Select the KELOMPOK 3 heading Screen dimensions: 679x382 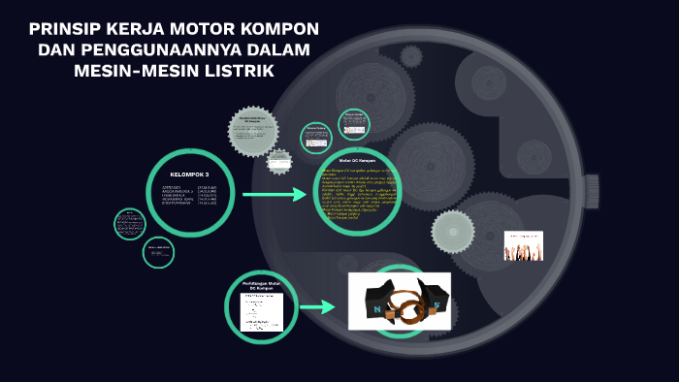click(x=189, y=175)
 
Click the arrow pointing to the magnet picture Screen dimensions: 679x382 click(x=317, y=307)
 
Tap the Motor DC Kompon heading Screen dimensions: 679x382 click(x=357, y=160)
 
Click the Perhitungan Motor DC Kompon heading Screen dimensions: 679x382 click(x=261, y=286)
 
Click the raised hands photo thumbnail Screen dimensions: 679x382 click(x=523, y=245)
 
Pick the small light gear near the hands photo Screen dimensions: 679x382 click(x=453, y=231)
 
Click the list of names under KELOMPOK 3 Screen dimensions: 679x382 click(x=189, y=196)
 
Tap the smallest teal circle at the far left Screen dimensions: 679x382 click(x=129, y=224)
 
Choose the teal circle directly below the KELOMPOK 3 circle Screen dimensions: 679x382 click(x=158, y=252)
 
